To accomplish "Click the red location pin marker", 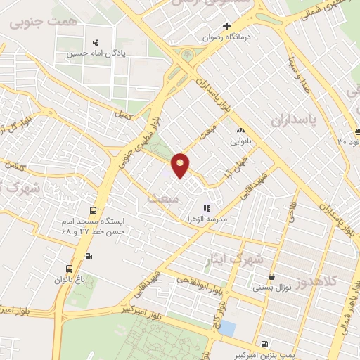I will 181,165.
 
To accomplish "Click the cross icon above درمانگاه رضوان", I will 206,27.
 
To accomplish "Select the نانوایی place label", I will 240,141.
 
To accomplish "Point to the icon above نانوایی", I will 240,129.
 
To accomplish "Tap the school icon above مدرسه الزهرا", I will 207,208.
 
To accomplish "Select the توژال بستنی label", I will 271,288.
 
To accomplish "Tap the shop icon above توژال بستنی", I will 271,277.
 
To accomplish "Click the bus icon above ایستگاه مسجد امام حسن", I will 93,210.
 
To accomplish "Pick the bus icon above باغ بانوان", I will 69,269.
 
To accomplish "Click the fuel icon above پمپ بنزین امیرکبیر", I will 263,344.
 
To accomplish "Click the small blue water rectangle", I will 228,328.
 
